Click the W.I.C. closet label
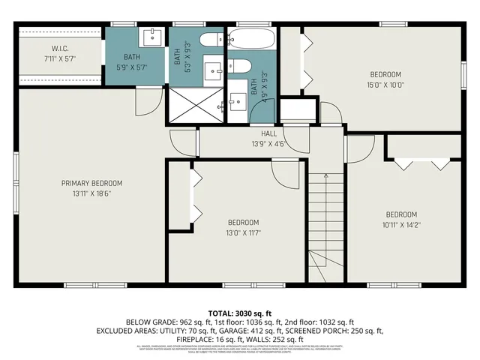60,49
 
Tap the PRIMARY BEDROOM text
91,183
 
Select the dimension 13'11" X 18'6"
91,193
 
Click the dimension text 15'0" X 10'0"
386,85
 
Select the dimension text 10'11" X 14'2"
401,223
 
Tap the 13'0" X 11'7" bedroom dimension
243,232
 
